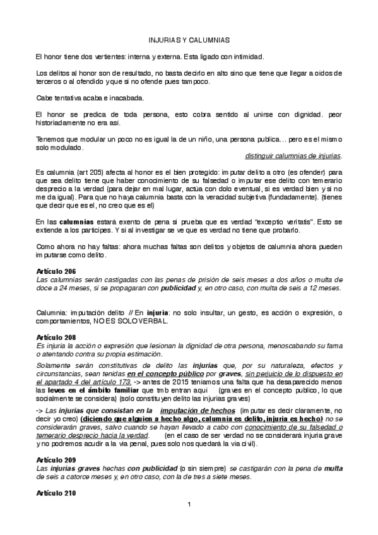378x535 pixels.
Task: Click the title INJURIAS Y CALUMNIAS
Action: (189, 38)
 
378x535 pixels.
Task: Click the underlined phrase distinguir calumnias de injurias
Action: (293, 156)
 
